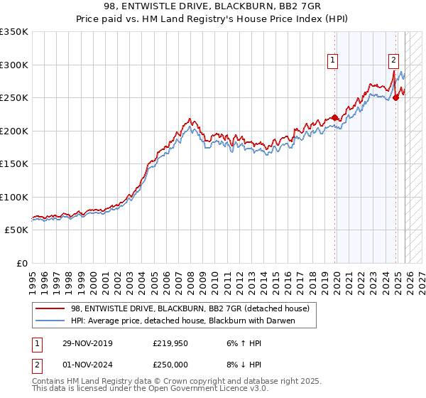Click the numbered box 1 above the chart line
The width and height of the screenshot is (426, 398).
[332, 61]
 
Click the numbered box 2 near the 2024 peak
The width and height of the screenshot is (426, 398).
[393, 61]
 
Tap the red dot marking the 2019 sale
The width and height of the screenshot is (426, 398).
[334, 118]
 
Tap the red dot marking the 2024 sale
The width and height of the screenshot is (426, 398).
[396, 98]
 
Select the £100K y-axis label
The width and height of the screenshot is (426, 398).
[14, 198]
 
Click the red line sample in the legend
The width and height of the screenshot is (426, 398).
[50, 309]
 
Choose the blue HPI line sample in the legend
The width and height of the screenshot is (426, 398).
[50, 321]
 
